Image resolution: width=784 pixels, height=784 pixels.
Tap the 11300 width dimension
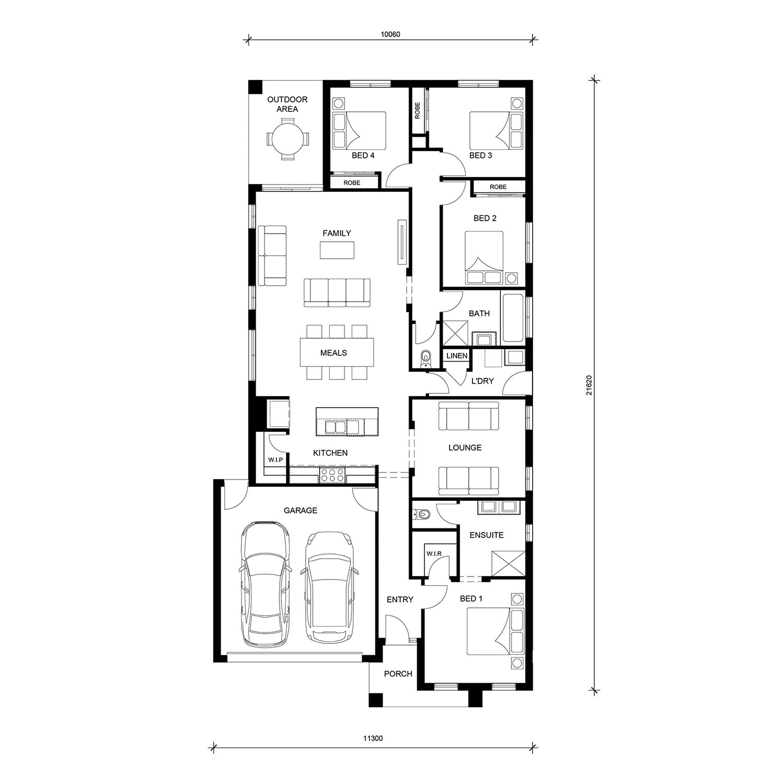pos(373,739)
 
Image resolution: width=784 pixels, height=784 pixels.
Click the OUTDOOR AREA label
pos(287,104)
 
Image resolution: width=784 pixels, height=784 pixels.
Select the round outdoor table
pos(287,139)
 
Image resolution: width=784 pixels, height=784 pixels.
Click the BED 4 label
pos(363,155)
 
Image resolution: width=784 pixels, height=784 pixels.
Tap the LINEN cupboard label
pos(457,355)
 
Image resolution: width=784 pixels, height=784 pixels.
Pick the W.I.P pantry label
pos(275,459)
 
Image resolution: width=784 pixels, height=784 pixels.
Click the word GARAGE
pos(301,510)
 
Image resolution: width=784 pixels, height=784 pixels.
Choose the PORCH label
pos(398,674)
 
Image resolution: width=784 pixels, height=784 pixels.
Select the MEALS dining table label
pos(333,353)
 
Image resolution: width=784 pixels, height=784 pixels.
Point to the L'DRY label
pos(482,381)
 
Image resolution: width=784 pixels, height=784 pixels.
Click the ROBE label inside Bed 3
pos(418,111)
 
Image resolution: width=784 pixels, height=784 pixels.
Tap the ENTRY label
pos(400,599)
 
